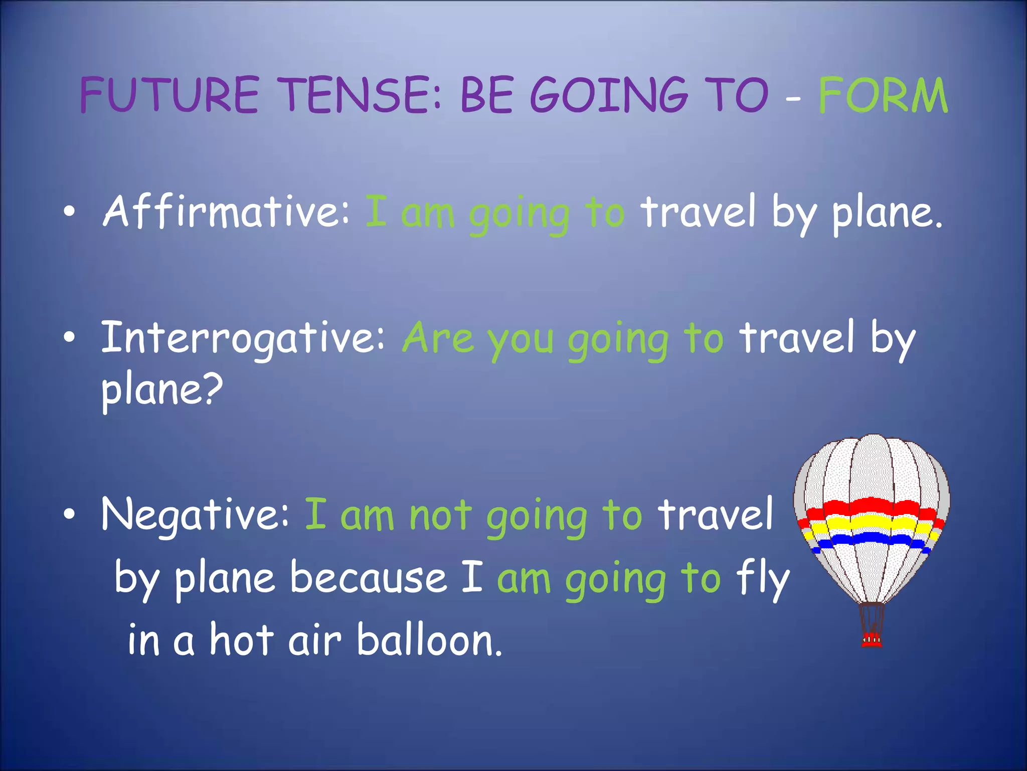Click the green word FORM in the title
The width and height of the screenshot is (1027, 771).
(883, 95)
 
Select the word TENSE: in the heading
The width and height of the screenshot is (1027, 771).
(361, 95)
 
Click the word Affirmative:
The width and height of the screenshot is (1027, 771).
(226, 212)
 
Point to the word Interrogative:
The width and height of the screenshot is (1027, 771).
(243, 337)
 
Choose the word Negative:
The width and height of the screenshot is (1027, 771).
(196, 515)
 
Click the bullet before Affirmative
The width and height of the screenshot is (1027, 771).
(70, 212)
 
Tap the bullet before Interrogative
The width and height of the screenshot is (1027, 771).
(70, 337)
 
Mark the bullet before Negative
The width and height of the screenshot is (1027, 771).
(70, 515)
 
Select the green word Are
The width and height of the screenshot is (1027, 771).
(438, 337)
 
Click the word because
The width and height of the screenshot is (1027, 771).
(369, 578)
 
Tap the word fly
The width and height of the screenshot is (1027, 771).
(763, 578)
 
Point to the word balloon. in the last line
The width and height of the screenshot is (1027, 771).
(429, 641)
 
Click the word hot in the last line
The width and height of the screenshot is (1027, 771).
(242, 641)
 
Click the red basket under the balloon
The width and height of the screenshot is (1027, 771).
(872, 640)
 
